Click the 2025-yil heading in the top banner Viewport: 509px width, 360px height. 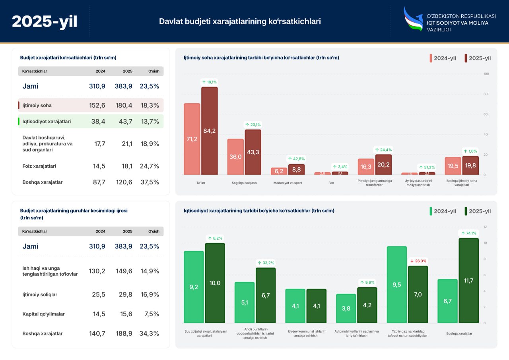pyautogui.click(x=45, y=22)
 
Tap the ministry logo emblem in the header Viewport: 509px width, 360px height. pyautogui.click(x=413, y=19)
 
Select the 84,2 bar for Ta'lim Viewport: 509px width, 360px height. pyautogui.click(x=209, y=131)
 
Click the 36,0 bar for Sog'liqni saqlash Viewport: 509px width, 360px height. pyautogui.click(x=235, y=157)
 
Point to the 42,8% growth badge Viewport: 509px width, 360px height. pyautogui.click(x=296, y=159)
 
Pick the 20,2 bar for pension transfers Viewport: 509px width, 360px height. pyautogui.click(x=383, y=165)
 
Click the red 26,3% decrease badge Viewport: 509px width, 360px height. pyautogui.click(x=418, y=261)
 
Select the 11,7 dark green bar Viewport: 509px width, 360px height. pyautogui.click(x=468, y=281)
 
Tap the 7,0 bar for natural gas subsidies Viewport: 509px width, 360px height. pyautogui.click(x=418, y=294)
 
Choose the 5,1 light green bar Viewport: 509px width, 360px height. pyautogui.click(x=245, y=302)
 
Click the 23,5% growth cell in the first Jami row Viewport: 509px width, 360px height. pyautogui.click(x=149, y=86)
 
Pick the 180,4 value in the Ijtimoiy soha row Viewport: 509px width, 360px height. pyautogui.click(x=124, y=105)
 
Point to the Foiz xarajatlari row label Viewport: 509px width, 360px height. pyautogui.click(x=39, y=166)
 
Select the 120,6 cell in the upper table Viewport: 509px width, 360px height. pyautogui.click(x=124, y=182)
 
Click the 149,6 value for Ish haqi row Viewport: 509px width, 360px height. pyautogui.click(x=124, y=271)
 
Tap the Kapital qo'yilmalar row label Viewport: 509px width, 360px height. pyautogui.click(x=43, y=314)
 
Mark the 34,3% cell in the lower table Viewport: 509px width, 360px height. pyautogui.click(x=149, y=333)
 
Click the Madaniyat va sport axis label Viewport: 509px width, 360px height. pyautogui.click(x=288, y=183)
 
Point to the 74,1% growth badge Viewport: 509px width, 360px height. pyautogui.click(x=468, y=233)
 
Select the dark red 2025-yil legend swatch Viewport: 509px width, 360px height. pyautogui.click(x=466, y=58)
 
